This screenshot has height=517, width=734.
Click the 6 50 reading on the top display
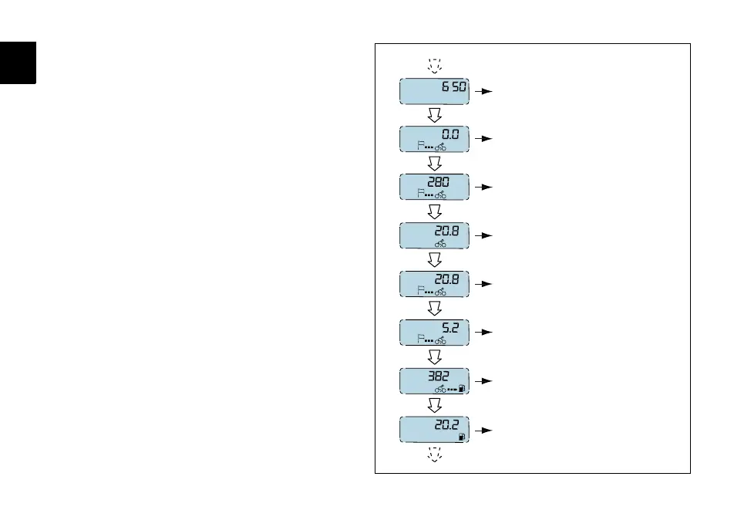[x=453, y=87]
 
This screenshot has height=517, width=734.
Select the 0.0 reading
[x=450, y=134]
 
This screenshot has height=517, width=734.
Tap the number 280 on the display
[x=448, y=183]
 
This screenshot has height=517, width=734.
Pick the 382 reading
[x=439, y=377]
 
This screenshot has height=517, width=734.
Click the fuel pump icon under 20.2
[x=460, y=437]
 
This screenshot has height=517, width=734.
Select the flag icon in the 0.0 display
[x=420, y=146]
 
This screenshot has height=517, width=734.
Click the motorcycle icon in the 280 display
[x=440, y=194]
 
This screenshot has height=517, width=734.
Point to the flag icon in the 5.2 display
[x=420, y=339]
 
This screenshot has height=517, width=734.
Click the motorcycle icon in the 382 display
[x=440, y=389]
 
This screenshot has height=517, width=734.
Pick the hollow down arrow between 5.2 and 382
[x=433, y=356]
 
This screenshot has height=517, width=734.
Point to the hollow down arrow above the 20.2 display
[x=433, y=405]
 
